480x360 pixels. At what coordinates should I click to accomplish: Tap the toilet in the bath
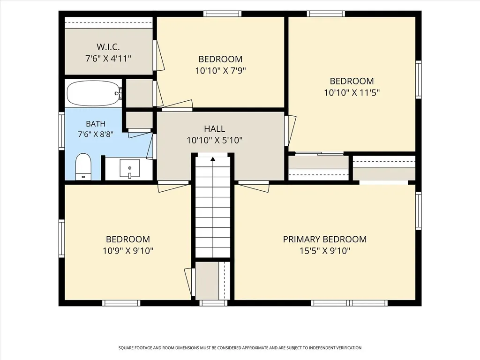click(x=83, y=167)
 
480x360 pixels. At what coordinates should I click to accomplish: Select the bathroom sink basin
click(x=129, y=168)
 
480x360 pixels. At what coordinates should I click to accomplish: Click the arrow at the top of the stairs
click(x=213, y=158)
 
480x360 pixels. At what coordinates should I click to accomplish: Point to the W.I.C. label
click(x=108, y=47)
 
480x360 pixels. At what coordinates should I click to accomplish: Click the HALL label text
click(x=215, y=128)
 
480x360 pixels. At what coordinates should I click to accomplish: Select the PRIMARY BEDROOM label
click(x=325, y=239)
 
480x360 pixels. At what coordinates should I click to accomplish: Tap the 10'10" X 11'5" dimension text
click(x=352, y=92)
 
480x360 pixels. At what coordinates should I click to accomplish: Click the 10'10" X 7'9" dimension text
click(x=221, y=71)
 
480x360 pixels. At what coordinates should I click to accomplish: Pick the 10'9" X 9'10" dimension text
click(x=128, y=251)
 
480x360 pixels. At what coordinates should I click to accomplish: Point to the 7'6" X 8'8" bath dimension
click(x=96, y=134)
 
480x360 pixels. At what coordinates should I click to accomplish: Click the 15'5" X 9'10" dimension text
click(x=325, y=251)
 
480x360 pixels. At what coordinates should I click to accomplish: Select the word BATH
click(x=96, y=124)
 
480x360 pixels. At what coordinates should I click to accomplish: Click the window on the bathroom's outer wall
click(x=61, y=131)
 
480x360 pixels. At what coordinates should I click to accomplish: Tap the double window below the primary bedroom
click(x=349, y=303)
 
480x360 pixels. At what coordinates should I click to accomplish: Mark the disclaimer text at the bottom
click(x=240, y=348)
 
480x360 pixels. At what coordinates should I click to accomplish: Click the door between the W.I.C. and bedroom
click(x=158, y=55)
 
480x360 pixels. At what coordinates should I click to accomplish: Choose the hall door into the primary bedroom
click(x=254, y=186)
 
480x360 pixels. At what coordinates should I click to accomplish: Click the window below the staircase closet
click(x=213, y=303)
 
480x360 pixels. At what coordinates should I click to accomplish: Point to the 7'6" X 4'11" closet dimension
click(x=108, y=59)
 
